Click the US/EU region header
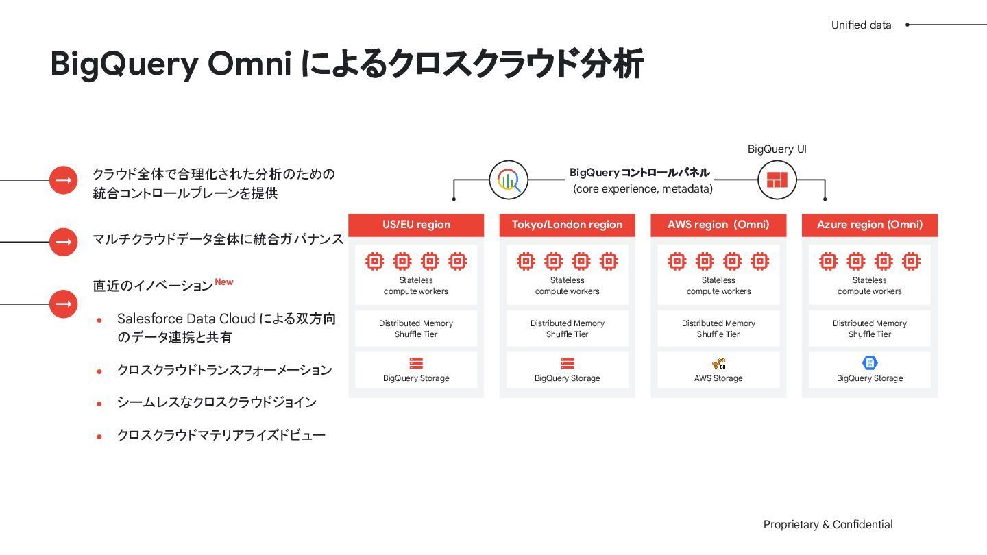pyautogui.click(x=416, y=225)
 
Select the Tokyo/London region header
pyautogui.click(x=567, y=225)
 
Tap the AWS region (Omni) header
pyautogui.click(x=718, y=225)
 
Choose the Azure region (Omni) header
pyautogui.click(x=869, y=225)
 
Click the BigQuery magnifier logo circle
pyautogui.click(x=509, y=180)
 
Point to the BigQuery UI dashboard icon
pyautogui.click(x=777, y=180)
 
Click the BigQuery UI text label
pyautogui.click(x=777, y=149)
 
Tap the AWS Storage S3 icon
pyautogui.click(x=718, y=363)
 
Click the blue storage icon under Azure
pyautogui.click(x=870, y=363)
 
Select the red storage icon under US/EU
pyautogui.click(x=416, y=363)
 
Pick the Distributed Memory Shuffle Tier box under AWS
pyautogui.click(x=718, y=329)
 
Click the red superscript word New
pyautogui.click(x=224, y=282)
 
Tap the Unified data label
pyautogui.click(x=861, y=25)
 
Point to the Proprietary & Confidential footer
pyautogui.click(x=828, y=525)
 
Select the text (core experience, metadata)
pyautogui.click(x=643, y=189)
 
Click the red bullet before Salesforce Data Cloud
pyautogui.click(x=99, y=320)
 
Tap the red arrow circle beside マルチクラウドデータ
pyautogui.click(x=63, y=242)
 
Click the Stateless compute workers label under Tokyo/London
pyautogui.click(x=567, y=286)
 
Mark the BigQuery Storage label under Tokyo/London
pyautogui.click(x=567, y=378)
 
